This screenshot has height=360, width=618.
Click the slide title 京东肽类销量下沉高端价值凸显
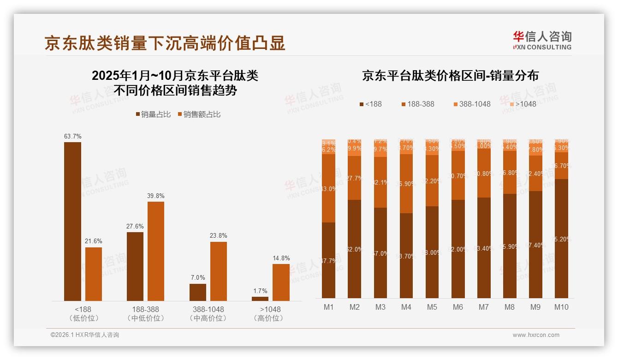[x=165, y=42]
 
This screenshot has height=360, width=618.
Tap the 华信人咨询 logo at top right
[x=542, y=40]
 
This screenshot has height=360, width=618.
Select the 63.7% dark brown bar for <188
[x=72, y=222]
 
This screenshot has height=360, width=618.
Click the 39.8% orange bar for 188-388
[x=156, y=251]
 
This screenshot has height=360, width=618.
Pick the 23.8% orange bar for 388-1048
[x=219, y=271]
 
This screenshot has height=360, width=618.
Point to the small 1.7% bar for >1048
[x=260, y=299]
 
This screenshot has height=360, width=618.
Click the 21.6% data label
[x=94, y=241]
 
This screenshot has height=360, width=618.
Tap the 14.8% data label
[x=281, y=258]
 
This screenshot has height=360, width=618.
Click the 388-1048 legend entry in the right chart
[x=475, y=104]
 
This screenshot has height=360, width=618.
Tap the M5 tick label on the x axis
[x=432, y=307]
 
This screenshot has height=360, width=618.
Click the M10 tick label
[x=561, y=307]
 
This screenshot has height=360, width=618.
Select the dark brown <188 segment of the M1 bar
[x=328, y=260]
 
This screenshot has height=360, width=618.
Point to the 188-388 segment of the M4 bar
[x=406, y=184]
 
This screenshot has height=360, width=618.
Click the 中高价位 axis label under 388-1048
[x=208, y=318]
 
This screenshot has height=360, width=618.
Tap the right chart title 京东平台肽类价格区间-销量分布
[x=450, y=76]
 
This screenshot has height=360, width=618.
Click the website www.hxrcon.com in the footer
[x=535, y=335]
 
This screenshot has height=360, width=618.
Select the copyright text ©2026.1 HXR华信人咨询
[x=84, y=335]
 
